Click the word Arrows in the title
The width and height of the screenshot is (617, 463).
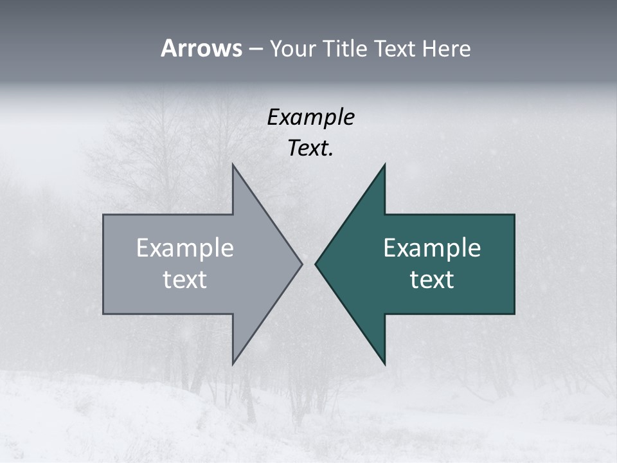(x=201, y=48)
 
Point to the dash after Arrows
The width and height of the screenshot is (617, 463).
(x=255, y=49)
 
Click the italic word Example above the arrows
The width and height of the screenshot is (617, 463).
(x=310, y=118)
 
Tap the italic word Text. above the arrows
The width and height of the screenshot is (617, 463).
(x=310, y=149)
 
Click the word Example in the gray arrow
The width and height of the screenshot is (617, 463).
(x=184, y=248)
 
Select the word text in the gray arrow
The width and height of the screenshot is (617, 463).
(x=184, y=279)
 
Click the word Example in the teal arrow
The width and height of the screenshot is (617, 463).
(x=432, y=248)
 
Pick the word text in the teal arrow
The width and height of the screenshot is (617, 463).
(x=432, y=279)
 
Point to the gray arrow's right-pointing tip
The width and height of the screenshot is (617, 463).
(x=301, y=264)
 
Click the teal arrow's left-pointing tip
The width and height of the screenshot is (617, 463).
(x=316, y=264)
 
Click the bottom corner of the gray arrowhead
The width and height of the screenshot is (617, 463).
(x=233, y=364)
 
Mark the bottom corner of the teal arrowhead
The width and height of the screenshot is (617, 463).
(x=384, y=364)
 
